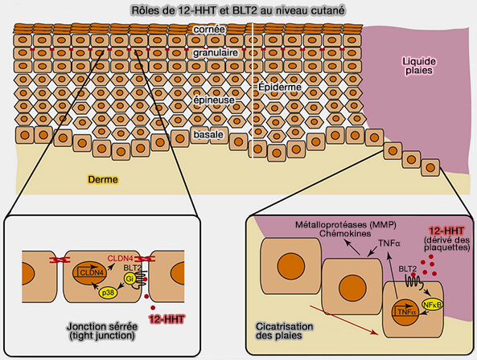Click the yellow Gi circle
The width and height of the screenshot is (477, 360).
[129, 277]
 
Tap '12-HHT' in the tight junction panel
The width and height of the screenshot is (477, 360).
[168, 319]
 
